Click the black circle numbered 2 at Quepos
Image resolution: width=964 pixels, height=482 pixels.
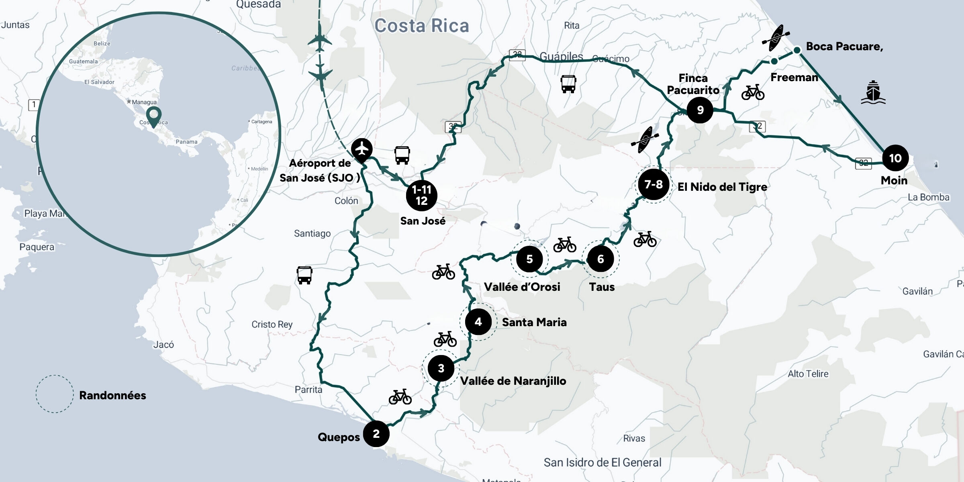coord(376,433)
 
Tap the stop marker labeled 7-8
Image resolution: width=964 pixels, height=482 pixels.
coord(654,184)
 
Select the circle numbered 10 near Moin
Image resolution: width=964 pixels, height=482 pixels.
coord(895,158)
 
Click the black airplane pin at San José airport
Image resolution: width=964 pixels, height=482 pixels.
coord(362,149)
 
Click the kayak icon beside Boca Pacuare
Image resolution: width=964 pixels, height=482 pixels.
coord(776,38)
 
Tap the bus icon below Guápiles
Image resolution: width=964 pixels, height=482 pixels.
coord(568,84)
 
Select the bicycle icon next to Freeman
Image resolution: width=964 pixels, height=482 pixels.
coord(753,92)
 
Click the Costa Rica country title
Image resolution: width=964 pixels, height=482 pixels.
coord(421,26)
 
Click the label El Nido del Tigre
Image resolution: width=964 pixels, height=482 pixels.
coord(722,187)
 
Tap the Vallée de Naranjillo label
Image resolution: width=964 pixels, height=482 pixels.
coord(513,381)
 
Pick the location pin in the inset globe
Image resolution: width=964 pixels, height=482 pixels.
coord(153,116)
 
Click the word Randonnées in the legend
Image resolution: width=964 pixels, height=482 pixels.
coord(112,395)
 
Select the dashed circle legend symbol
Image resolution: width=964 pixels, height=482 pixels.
coord(55,394)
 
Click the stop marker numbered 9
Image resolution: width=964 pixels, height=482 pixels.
coord(700,110)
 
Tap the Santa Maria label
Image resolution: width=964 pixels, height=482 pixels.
coord(534,322)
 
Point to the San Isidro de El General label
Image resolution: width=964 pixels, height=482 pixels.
coord(602,462)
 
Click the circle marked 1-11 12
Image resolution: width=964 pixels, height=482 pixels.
coord(421,195)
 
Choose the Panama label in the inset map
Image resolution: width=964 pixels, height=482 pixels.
coord(186,142)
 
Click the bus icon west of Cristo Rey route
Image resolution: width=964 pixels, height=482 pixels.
coord(304,275)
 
